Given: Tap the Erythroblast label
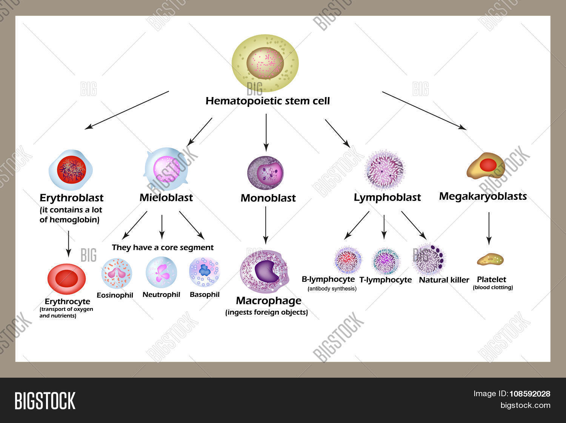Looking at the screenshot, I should click(x=71, y=198).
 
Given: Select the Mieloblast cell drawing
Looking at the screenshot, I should click(x=166, y=169).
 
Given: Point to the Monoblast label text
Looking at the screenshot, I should click(x=268, y=198).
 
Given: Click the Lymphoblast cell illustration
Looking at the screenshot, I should click(x=385, y=170).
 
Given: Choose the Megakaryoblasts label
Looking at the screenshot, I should click(x=483, y=196).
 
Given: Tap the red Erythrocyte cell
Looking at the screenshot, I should click(x=66, y=279).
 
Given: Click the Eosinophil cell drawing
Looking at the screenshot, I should click(x=117, y=273).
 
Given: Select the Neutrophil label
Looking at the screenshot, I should click(x=161, y=295).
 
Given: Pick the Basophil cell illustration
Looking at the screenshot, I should click(x=204, y=272).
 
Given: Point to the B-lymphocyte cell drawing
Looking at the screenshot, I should click(x=348, y=260).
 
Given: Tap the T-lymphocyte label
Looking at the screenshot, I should click(x=385, y=280).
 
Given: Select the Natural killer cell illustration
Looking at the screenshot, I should click(x=429, y=259).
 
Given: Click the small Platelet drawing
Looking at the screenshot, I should click(x=490, y=259).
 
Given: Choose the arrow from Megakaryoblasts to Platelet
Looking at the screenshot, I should click(x=489, y=228).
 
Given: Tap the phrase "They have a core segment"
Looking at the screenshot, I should click(x=163, y=247).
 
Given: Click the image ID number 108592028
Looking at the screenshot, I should click(x=530, y=394).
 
